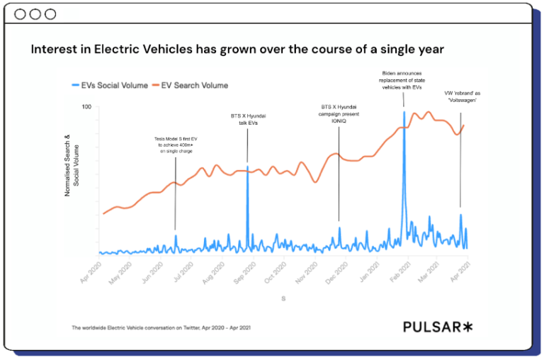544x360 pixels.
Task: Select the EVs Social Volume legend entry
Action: point(110,86)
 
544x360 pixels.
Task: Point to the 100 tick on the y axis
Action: point(87,107)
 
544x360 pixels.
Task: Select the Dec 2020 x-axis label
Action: point(339,274)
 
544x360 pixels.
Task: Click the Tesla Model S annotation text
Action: point(176,145)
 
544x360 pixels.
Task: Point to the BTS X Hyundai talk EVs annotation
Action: point(248,119)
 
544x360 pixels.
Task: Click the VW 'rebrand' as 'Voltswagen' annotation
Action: point(460,96)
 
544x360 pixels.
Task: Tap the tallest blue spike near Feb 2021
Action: point(404,112)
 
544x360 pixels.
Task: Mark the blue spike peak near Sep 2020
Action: point(247,167)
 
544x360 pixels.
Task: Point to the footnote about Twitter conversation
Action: point(161,328)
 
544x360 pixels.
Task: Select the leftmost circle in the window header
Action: point(20,14)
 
